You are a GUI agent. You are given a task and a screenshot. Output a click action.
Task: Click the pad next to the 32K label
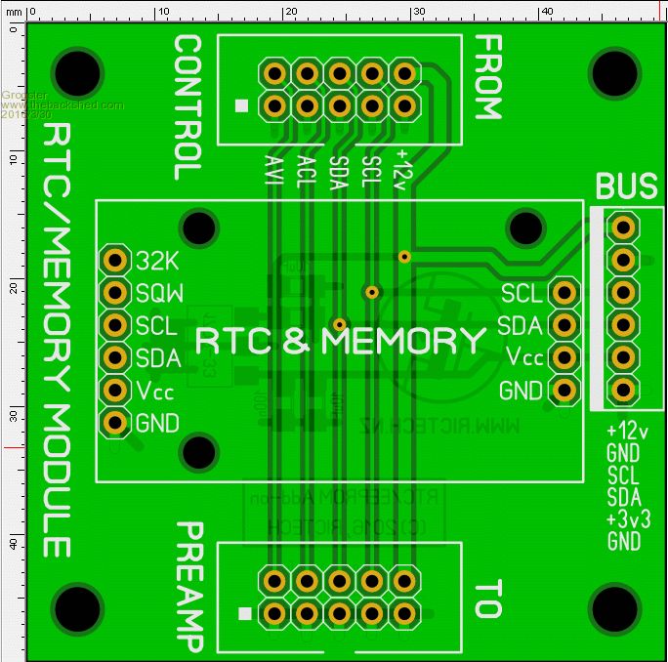116,260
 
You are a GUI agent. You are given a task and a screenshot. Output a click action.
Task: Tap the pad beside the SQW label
116,292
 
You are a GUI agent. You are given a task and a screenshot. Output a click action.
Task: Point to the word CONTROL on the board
188,108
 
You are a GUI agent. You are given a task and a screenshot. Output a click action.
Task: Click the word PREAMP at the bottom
188,586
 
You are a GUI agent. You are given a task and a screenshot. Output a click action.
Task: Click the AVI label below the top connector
273,174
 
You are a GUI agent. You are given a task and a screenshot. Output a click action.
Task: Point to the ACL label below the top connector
306,174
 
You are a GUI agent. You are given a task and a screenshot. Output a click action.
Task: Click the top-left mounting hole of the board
78,72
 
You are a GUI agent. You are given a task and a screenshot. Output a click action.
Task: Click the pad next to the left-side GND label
116,423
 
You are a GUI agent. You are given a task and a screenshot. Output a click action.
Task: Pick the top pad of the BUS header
622,228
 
